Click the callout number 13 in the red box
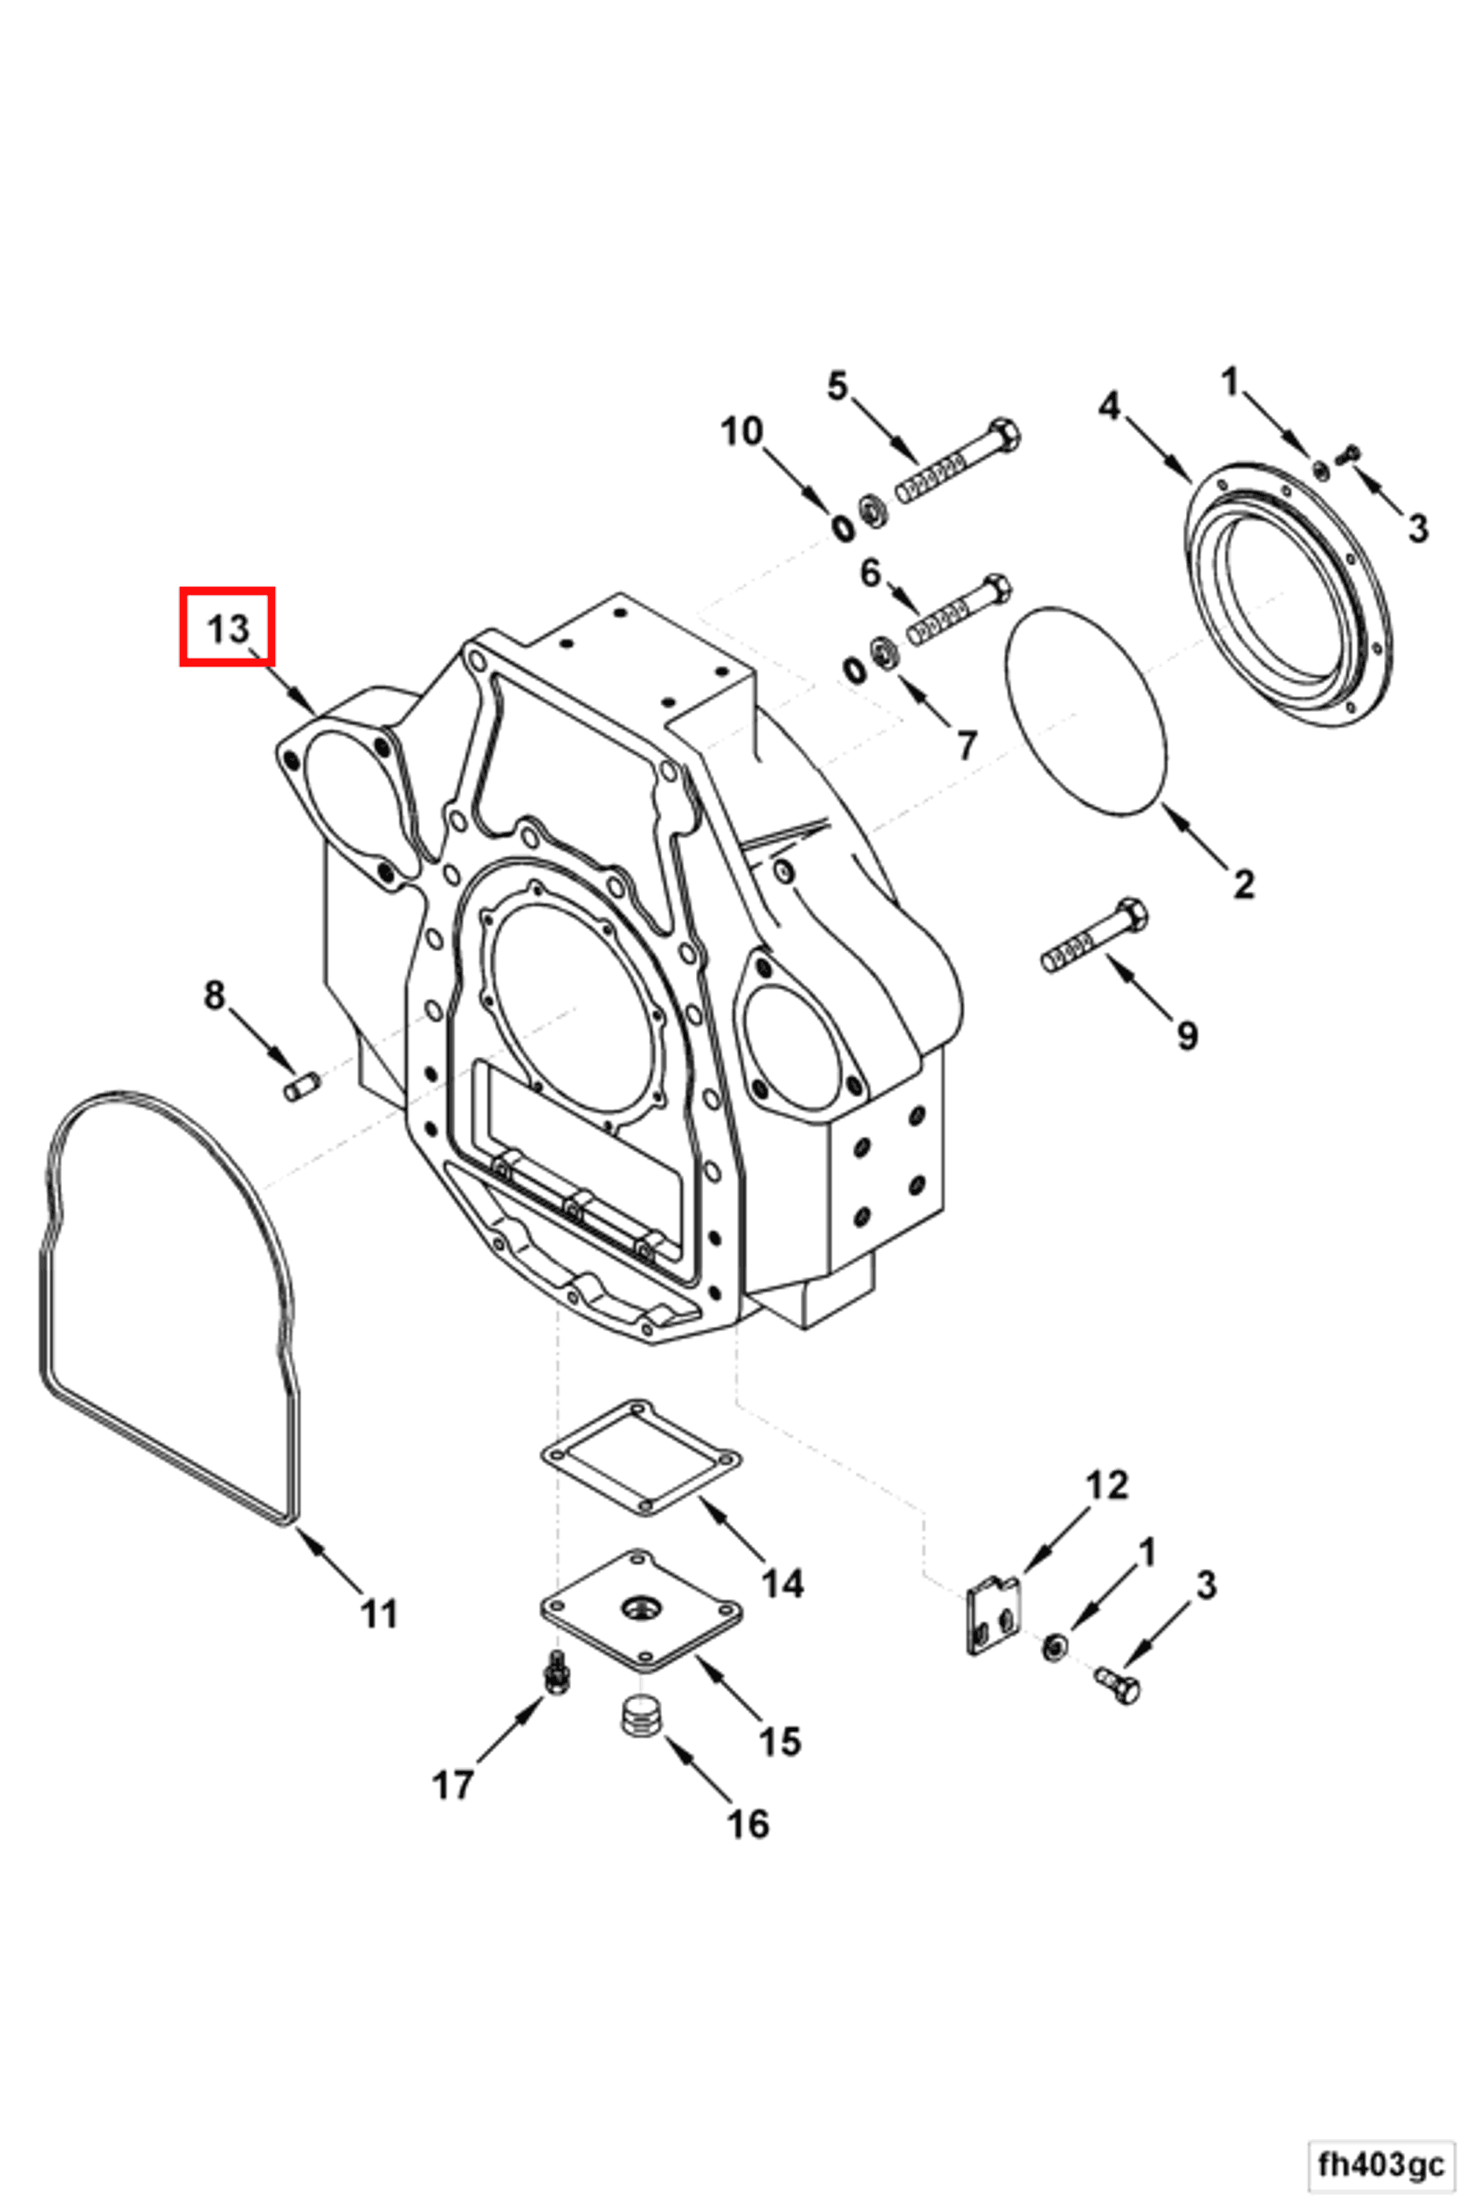coord(227,628)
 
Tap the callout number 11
coord(379,1613)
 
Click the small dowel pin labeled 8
coord(301,1087)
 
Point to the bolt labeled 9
coord(1095,939)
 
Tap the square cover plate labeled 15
coord(642,1610)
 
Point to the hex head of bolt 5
coord(1004,436)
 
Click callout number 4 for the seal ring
coord(1109,406)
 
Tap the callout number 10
coord(742,432)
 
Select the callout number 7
coord(967,745)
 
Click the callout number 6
coord(870,573)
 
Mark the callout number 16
coord(747,1823)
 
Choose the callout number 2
coord(1243,882)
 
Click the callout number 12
coord(1107,1485)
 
